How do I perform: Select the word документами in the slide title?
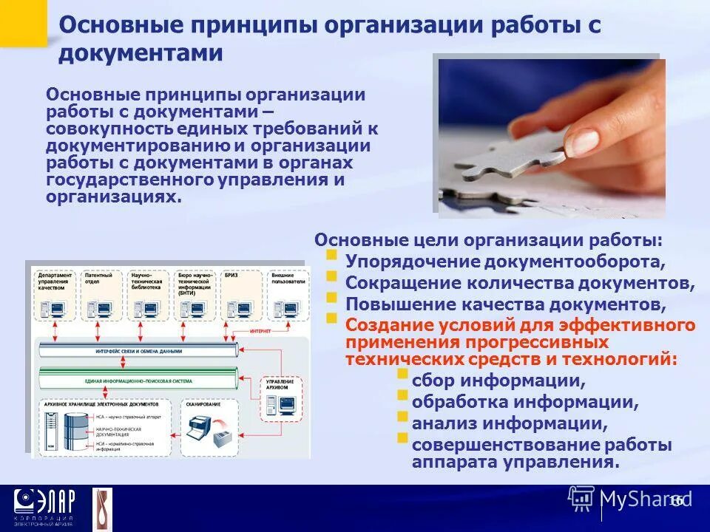pos(141,53)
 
